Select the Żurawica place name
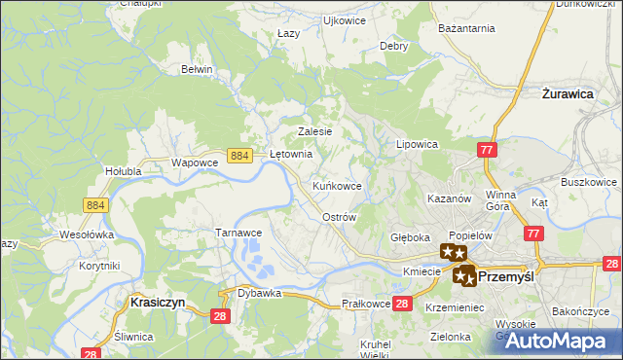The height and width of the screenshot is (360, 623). (x=568, y=94)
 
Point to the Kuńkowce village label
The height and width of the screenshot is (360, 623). (x=338, y=185)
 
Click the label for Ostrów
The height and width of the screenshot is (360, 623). (x=340, y=217)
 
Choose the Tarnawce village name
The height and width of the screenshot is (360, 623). (x=238, y=233)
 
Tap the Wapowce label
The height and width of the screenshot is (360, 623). (x=193, y=162)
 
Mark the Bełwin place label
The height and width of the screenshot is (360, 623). (x=197, y=69)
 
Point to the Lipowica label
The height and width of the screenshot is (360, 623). (x=417, y=143)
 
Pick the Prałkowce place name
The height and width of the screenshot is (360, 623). (x=367, y=305)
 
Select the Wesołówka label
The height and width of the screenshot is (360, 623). (x=87, y=234)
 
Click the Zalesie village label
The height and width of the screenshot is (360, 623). (x=315, y=131)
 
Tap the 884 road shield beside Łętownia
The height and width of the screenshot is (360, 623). (x=240, y=155)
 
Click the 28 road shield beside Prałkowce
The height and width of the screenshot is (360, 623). (x=404, y=305)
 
